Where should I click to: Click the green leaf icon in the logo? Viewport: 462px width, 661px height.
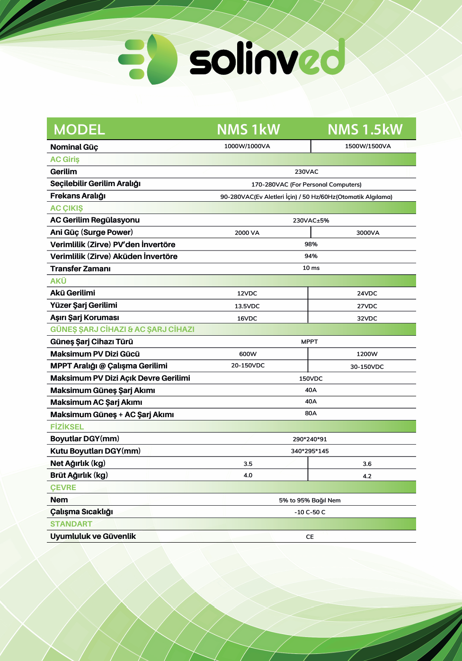(160, 61)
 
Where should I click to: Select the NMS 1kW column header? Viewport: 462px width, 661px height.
(249, 129)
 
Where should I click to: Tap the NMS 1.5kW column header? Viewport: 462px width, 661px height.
(365, 129)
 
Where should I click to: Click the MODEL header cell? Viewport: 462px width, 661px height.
(80, 129)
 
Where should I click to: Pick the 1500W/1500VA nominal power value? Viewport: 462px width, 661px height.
(368, 146)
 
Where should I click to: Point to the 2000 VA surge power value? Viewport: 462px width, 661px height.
(247, 233)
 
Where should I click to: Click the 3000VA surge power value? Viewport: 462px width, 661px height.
(368, 233)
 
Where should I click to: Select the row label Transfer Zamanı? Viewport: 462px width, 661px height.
(80, 268)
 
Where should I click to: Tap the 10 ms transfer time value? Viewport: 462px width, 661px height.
(311, 268)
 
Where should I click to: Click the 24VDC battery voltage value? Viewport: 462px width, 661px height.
(367, 294)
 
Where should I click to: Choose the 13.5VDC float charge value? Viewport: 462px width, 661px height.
(247, 306)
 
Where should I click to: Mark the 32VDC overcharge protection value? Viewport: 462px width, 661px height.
(367, 319)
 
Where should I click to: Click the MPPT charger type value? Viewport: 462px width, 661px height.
(310, 342)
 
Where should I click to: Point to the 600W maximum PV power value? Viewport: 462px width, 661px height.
(248, 354)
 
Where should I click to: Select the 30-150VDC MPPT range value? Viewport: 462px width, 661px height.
(367, 367)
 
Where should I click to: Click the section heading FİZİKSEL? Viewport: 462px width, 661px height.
(67, 427)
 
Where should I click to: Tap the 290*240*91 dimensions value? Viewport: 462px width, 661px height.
(310, 439)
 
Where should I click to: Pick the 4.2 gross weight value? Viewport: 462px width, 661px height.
(367, 476)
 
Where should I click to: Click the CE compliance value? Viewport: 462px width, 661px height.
(310, 537)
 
